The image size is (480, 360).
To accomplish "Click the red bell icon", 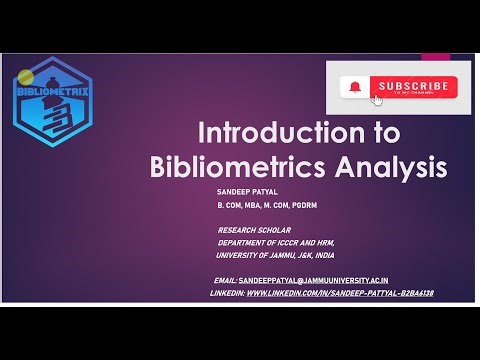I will (x=353, y=87).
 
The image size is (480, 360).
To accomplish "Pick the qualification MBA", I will (x=251, y=205).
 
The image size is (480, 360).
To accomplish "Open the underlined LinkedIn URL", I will (x=339, y=293).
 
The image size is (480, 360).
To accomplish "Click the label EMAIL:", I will (x=226, y=281).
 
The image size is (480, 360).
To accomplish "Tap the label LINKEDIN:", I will (x=226, y=293).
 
